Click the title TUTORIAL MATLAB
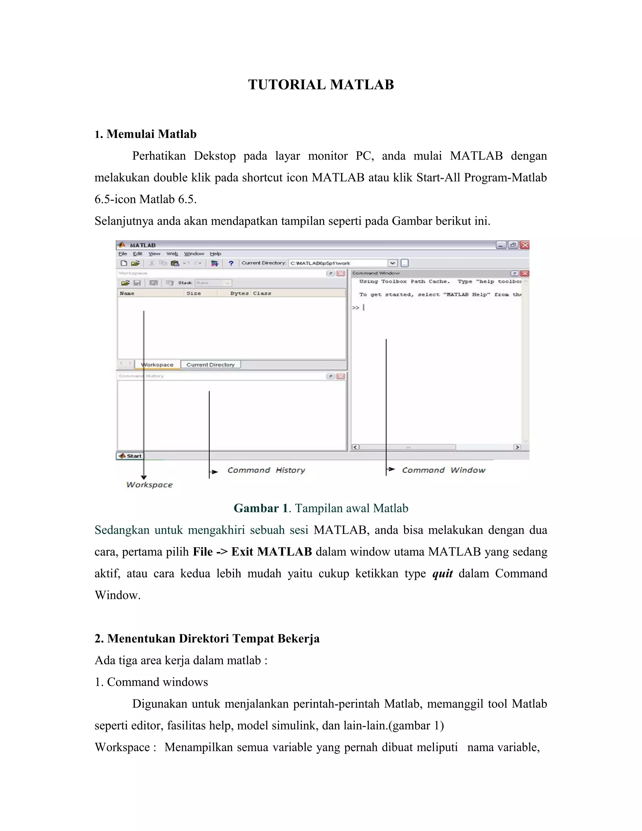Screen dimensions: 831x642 coord(321,84)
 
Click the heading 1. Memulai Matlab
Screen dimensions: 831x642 coord(146,134)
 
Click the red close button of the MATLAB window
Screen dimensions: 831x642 coord(525,245)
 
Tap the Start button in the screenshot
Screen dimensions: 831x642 coord(130,456)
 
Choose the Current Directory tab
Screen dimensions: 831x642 coord(210,364)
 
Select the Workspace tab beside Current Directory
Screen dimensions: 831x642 coord(157,364)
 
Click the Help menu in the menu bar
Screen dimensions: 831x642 coord(215,254)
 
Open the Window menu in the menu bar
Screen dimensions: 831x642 coord(194,254)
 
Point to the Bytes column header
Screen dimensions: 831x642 coord(239,294)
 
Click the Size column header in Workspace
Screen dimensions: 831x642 coord(194,294)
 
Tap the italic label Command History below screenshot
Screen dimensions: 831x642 coord(266,470)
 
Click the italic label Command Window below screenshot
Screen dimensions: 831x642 coord(444,470)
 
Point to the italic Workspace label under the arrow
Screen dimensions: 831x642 coord(150,485)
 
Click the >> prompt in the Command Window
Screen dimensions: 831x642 coord(355,307)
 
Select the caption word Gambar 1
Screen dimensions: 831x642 coord(261,508)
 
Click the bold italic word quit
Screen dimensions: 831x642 coord(442,574)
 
